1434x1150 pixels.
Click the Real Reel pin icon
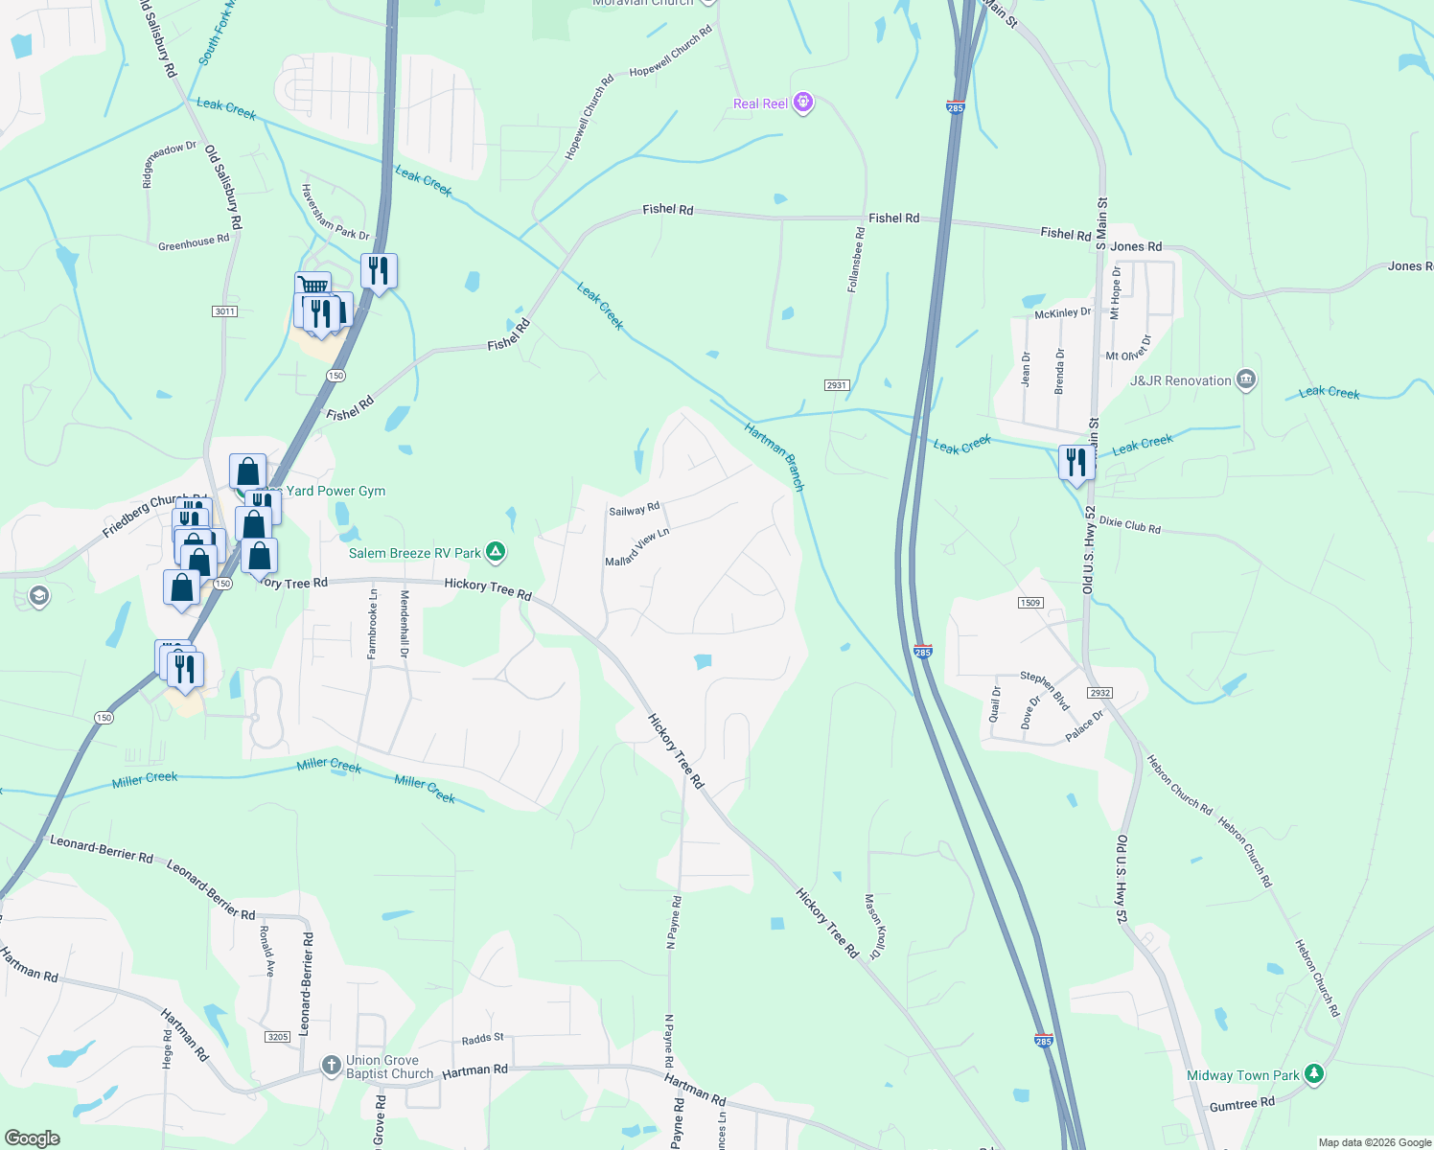pyautogui.click(x=803, y=103)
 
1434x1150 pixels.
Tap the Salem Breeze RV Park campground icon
pyautogui.click(x=496, y=552)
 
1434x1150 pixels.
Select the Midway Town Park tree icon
pyautogui.click(x=1314, y=1074)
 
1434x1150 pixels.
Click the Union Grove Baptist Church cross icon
pyautogui.click(x=331, y=1066)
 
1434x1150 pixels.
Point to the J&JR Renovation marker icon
pyautogui.click(x=1245, y=379)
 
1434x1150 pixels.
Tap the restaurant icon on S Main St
pyautogui.click(x=1076, y=463)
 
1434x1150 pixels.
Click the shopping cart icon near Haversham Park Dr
pyautogui.click(x=312, y=287)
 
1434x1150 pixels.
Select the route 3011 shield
pyautogui.click(x=224, y=311)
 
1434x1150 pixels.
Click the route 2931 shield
pyautogui.click(x=836, y=385)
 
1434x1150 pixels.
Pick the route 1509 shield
pyautogui.click(x=1030, y=603)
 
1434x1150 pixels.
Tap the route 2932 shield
pyautogui.click(x=1099, y=692)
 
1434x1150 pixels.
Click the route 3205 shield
pyautogui.click(x=278, y=1037)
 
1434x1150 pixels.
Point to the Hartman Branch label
pyautogui.click(x=775, y=457)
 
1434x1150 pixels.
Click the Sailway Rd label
pyautogui.click(x=635, y=509)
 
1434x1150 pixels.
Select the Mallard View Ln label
pyautogui.click(x=636, y=547)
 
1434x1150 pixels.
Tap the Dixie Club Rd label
pyautogui.click(x=1129, y=525)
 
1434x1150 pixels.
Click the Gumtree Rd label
pyautogui.click(x=1241, y=1104)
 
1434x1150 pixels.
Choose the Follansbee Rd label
pyautogui.click(x=856, y=260)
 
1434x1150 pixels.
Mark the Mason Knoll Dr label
pyautogui.click(x=872, y=927)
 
